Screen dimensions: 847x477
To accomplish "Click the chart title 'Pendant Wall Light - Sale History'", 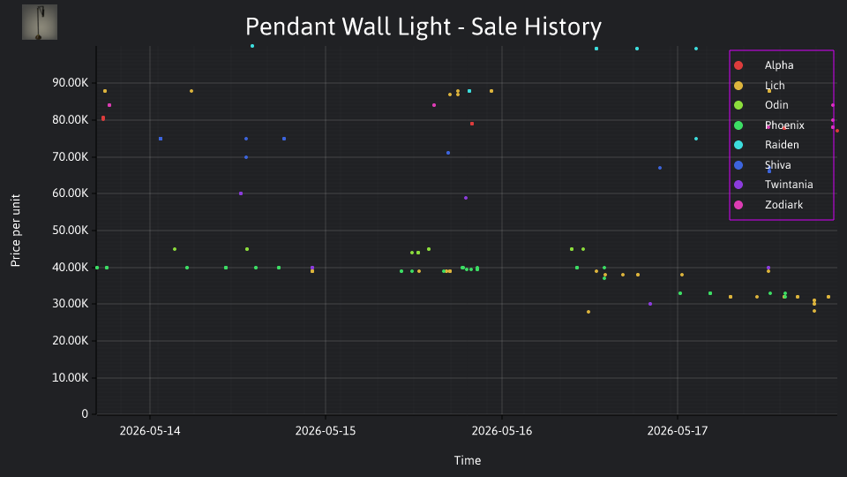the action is (423, 26).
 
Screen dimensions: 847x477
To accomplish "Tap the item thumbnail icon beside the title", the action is (40, 22).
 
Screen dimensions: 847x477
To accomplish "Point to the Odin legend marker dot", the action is (738, 105).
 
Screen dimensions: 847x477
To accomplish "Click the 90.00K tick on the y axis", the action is (71, 83).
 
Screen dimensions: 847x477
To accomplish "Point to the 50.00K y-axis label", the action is (71, 231).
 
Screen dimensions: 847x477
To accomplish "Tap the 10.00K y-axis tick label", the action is (71, 377).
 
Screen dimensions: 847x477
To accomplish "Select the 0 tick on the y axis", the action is (85, 413).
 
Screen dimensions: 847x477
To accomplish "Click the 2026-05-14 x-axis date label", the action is (150, 431).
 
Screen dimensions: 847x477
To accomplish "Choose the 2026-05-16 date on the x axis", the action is (502, 431).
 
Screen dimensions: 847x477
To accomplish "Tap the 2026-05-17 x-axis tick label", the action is (678, 431).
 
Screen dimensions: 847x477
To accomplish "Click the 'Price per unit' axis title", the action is (16, 231).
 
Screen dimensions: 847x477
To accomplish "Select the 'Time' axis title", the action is (468, 460).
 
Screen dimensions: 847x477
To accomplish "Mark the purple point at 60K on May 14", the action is (241, 193).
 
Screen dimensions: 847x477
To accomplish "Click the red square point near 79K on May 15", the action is (472, 124).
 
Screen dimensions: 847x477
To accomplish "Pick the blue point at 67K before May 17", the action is (660, 168).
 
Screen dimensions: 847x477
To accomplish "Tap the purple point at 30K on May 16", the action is (650, 304).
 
